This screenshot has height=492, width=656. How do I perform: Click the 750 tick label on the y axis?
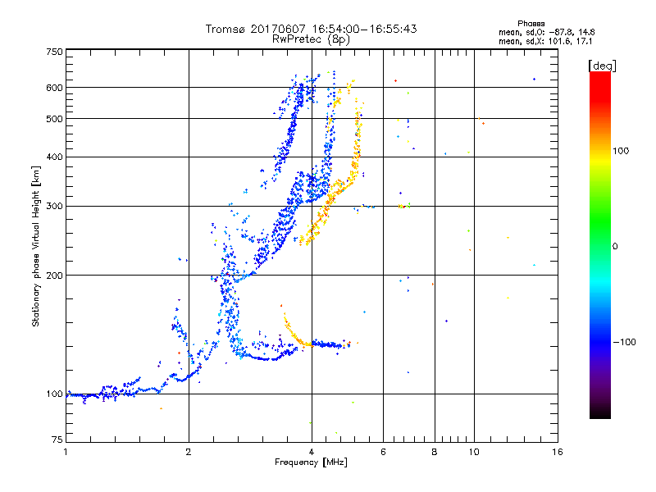[54, 52]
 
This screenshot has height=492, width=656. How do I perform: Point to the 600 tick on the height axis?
[54, 88]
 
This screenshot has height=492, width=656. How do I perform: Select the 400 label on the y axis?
[54, 157]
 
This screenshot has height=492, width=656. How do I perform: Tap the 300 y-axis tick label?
[54, 206]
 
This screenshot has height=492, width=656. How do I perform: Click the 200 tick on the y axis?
[54, 275]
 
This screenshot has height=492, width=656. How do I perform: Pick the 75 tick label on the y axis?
[56, 440]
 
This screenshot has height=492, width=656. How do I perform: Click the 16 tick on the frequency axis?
[557, 452]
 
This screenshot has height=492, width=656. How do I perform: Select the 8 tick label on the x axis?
[434, 452]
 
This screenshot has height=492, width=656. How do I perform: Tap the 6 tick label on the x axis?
[384, 452]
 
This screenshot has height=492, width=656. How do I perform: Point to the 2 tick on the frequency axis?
[189, 452]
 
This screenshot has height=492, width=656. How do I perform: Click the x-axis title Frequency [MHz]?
[311, 462]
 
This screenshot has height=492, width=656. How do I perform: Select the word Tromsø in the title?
[226, 29]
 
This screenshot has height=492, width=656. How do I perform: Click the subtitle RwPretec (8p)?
[311, 39]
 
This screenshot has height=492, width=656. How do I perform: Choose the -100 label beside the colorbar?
[625, 341]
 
